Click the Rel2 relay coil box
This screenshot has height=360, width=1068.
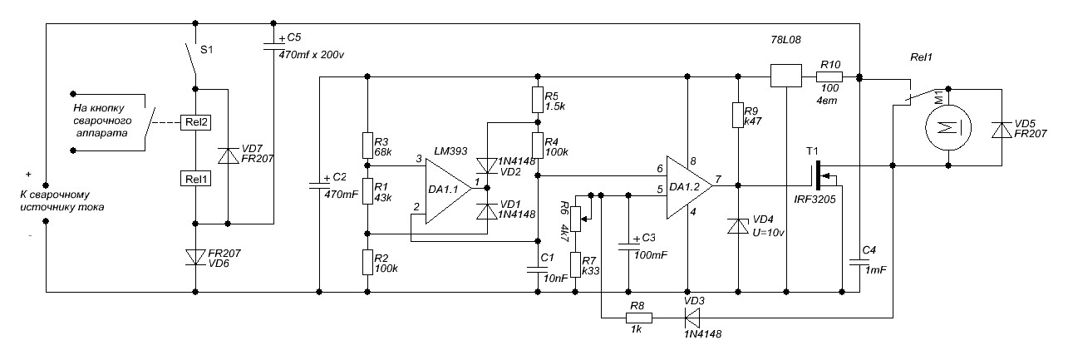tap(195, 122)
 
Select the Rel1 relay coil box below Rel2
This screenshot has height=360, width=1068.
tap(195, 179)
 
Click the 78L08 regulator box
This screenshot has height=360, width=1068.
tap(785, 76)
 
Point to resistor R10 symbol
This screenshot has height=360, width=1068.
tap(829, 76)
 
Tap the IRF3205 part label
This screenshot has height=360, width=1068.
tap(815, 200)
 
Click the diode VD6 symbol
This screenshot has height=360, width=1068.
tap(195, 258)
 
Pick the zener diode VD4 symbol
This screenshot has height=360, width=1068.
tap(737, 226)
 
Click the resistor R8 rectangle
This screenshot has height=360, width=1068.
tap(639, 318)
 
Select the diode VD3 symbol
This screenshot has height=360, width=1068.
tap(691, 316)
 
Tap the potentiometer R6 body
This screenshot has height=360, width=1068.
tap(576, 219)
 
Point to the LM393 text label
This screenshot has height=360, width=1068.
tap(450, 151)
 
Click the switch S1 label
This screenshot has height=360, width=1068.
tap(206, 50)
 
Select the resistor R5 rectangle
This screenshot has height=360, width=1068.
tap(538, 100)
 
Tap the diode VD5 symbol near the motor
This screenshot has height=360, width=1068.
tap(1002, 130)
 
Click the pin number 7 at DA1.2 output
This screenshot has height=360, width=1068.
tap(718, 180)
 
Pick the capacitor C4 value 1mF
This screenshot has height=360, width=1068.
tap(876, 270)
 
